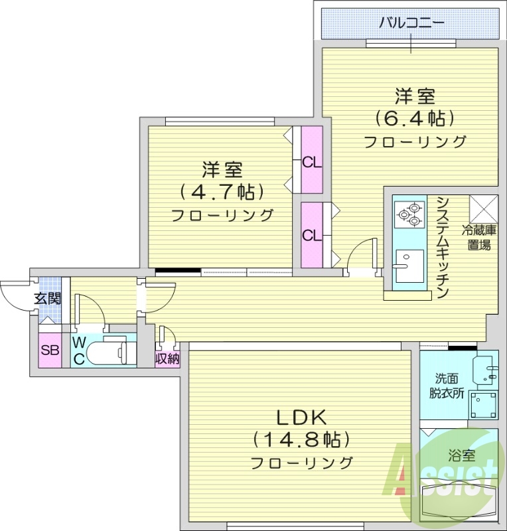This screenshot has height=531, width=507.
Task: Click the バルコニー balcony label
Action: click(x=411, y=25)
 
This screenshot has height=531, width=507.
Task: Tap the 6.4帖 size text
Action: click(x=415, y=119)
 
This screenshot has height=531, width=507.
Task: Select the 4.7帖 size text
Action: click(x=222, y=192)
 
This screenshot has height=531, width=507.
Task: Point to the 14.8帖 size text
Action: click(x=301, y=439)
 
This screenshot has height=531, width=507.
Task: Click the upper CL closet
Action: click(x=311, y=161)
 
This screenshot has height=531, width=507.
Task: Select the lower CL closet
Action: click(x=311, y=235)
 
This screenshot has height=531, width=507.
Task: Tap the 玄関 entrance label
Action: click(x=48, y=299)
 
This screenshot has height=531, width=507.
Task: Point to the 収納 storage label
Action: click(x=167, y=358)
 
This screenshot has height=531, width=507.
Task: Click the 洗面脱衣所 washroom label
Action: click(x=447, y=385)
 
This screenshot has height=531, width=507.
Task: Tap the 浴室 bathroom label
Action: click(x=461, y=456)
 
